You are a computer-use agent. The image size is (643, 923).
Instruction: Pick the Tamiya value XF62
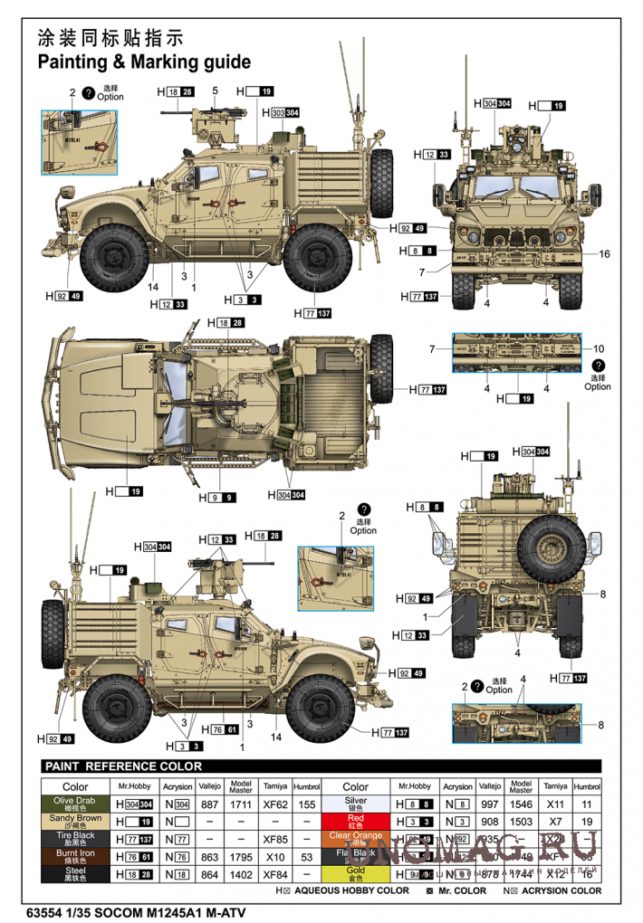pyautogui.click(x=274, y=804)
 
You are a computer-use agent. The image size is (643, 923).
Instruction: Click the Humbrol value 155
pyautogui.click(x=307, y=804)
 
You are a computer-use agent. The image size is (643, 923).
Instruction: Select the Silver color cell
pyautogui.click(x=355, y=804)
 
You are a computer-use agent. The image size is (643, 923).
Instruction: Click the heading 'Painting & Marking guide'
pyautogui.click(x=143, y=62)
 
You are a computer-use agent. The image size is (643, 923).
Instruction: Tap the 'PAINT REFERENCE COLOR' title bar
pyautogui.click(x=123, y=766)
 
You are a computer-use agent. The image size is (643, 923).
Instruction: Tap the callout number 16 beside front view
pyautogui.click(x=605, y=253)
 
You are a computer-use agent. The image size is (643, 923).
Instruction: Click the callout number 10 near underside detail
pyautogui.click(x=598, y=348)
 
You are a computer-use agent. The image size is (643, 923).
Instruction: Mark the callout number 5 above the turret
pyautogui.click(x=216, y=90)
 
